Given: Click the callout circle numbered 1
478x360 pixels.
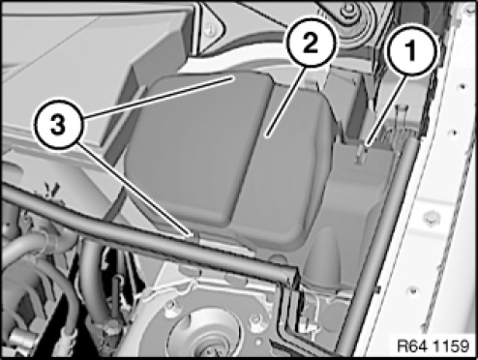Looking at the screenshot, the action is [410, 50].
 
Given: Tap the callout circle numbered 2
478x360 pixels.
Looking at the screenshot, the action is [311, 43].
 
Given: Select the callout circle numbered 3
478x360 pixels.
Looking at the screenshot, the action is [58, 125].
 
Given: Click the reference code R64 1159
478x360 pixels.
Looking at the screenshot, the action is [433, 346].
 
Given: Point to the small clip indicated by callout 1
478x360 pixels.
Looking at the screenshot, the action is [360, 153].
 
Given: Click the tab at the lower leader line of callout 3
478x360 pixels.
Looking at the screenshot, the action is [194, 237].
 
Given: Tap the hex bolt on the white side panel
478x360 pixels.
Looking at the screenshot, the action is [432, 219].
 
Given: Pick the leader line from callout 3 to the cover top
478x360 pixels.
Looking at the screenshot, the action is [159, 97].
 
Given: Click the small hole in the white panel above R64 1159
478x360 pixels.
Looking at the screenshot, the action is [413, 291].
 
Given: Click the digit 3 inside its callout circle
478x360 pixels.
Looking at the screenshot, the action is [58, 126].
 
